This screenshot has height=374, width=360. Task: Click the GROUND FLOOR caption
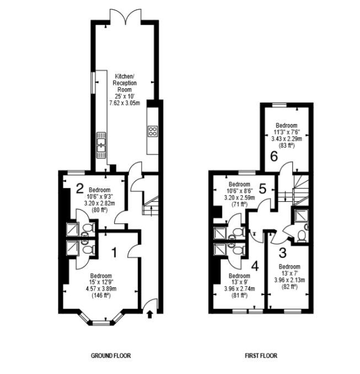click(111, 356)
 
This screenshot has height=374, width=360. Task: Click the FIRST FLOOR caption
click(261, 356)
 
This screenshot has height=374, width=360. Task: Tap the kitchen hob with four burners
click(153, 131)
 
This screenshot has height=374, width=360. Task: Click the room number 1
click(115, 253)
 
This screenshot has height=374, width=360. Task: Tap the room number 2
click(79, 188)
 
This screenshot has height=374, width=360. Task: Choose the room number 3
click(282, 253)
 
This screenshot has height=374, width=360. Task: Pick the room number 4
click(255, 266)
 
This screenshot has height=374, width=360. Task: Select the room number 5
click(262, 189)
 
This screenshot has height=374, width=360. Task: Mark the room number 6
click(274, 157)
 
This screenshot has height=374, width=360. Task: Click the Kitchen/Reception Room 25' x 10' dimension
click(125, 97)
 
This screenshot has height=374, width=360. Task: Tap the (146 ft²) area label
click(101, 296)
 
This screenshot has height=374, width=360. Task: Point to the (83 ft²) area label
click(286, 145)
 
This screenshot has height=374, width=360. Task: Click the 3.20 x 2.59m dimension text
click(239, 197)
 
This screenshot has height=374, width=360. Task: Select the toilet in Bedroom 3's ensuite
click(302, 236)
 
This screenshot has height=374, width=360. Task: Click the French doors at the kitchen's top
click(125, 16)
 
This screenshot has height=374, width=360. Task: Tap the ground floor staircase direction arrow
click(152, 211)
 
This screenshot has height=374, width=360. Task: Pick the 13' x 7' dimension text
click(289, 274)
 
